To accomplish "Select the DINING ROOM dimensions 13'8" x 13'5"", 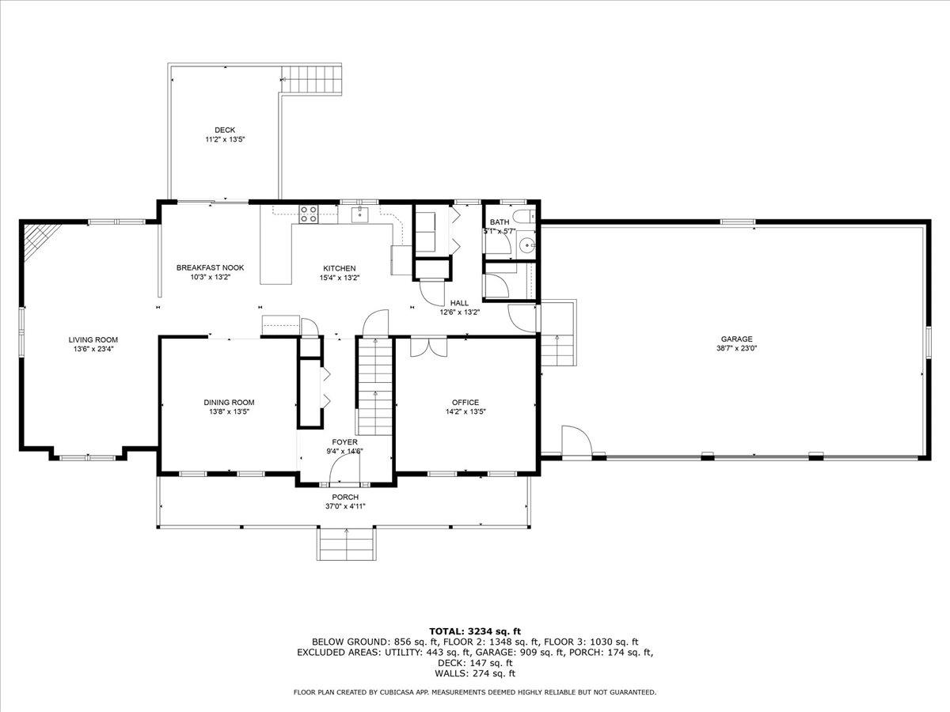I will click(229, 411).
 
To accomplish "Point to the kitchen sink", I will click(360, 214).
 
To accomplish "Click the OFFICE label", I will click(465, 402).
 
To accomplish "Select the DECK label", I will click(225, 130).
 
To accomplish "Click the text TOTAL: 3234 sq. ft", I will click(475, 631).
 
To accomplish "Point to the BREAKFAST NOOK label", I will click(210, 267).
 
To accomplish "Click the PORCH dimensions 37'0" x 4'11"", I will click(345, 506).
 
